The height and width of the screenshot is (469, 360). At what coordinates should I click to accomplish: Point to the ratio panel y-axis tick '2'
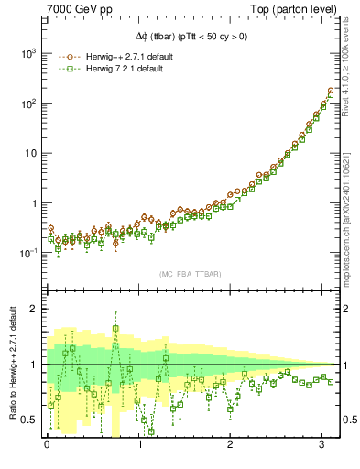point(32,309)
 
